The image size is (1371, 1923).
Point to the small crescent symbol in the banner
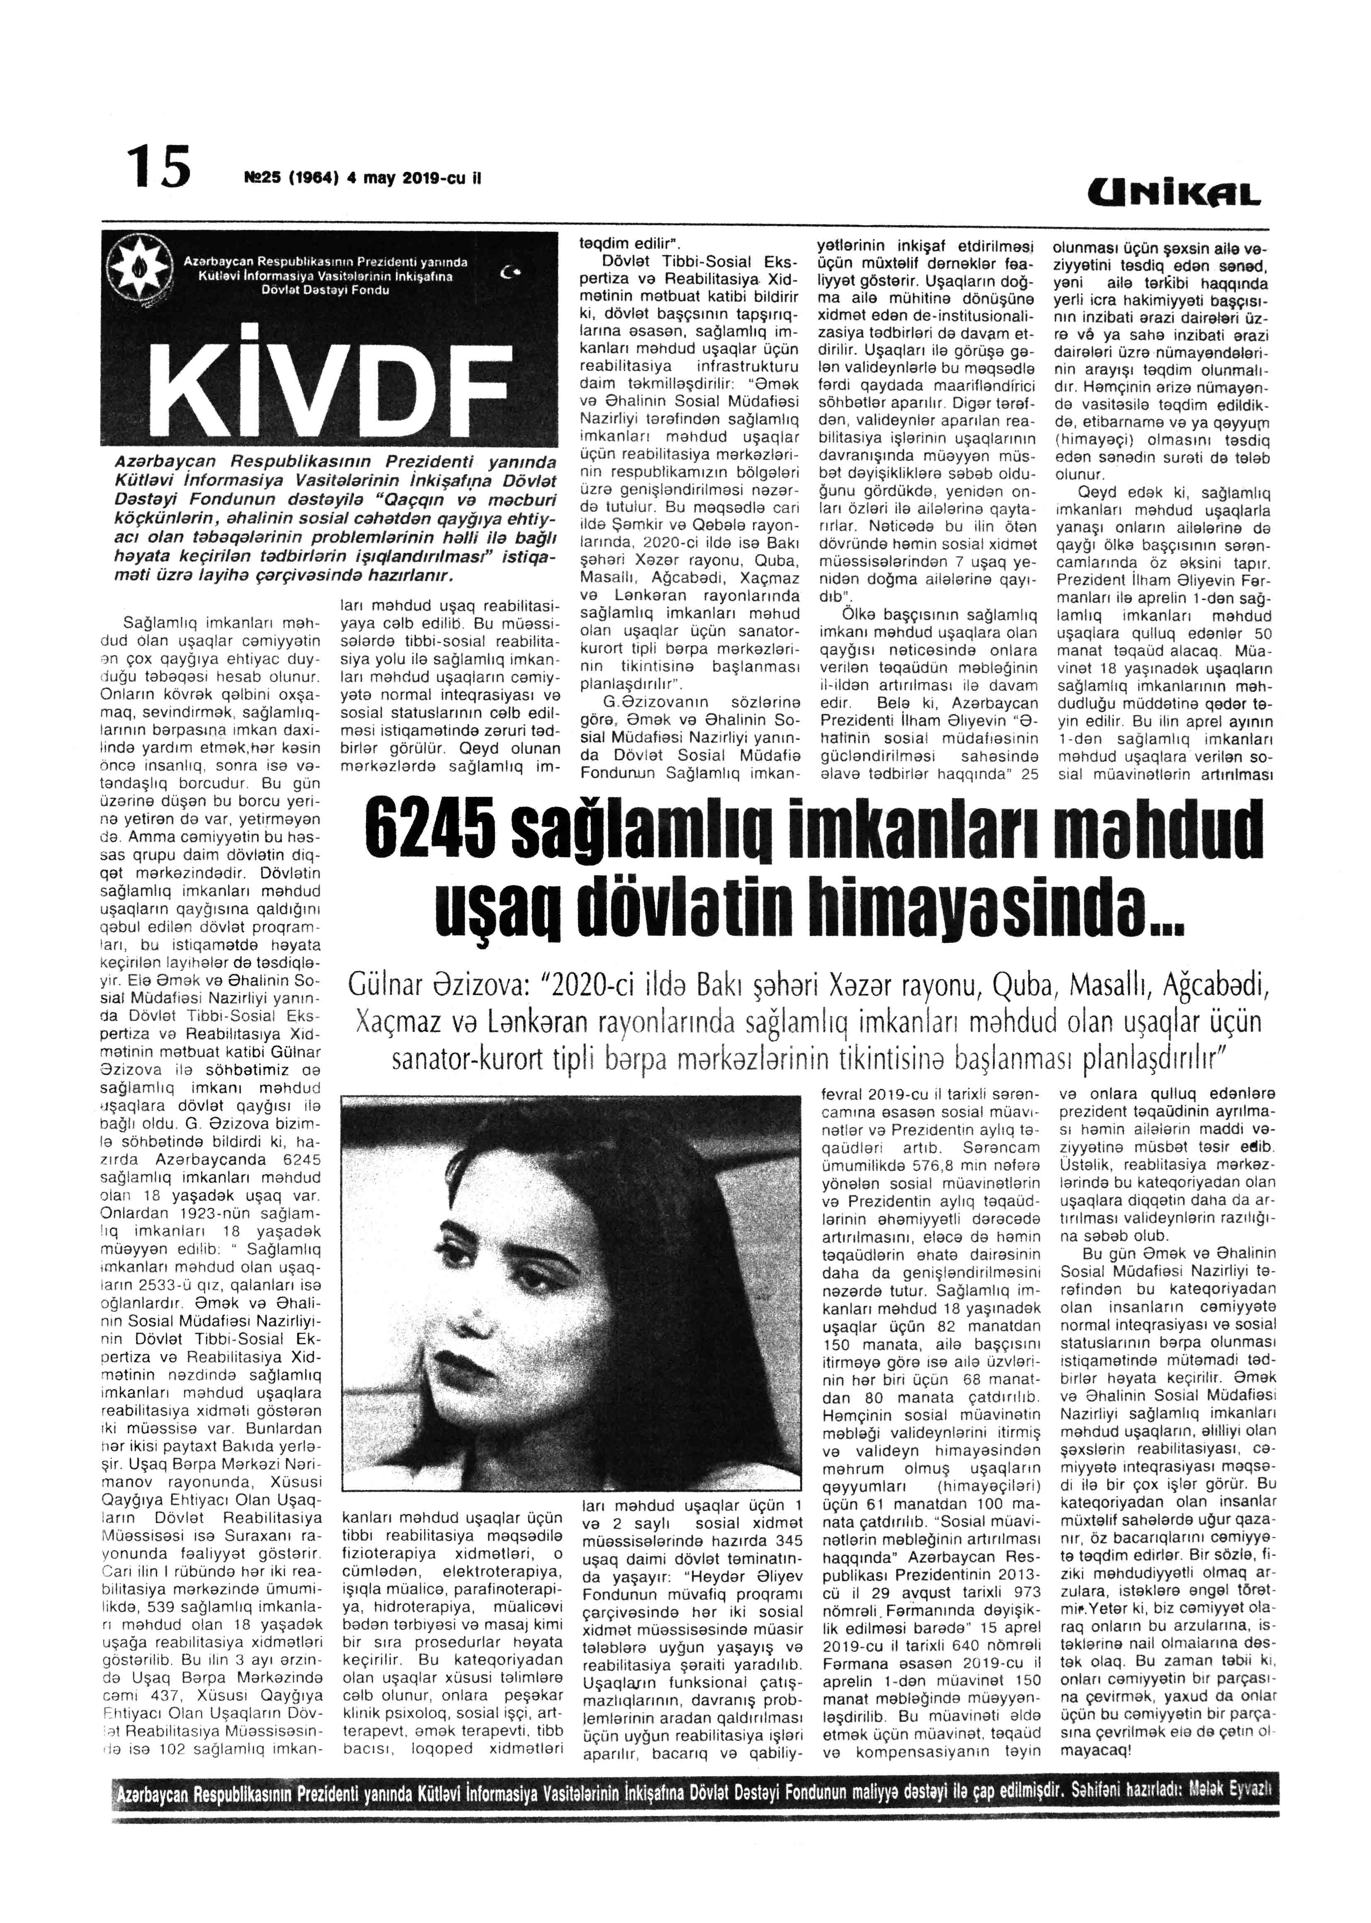coord(508,272)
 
